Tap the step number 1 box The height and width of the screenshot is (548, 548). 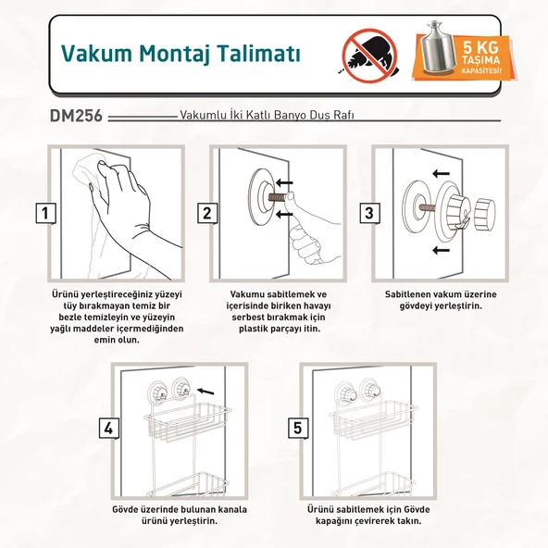coord(43,214)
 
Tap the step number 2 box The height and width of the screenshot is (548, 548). coord(207,214)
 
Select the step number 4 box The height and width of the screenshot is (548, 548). coord(109,428)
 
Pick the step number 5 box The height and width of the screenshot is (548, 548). coord(298,428)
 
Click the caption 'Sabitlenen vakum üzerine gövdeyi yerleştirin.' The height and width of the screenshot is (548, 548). coord(432,299)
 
